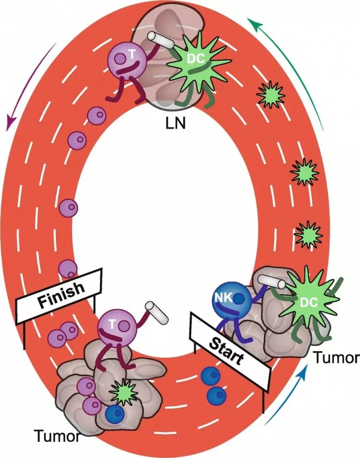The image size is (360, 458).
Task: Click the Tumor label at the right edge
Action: (x=337, y=358)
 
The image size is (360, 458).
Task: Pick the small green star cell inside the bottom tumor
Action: (x=122, y=391)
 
